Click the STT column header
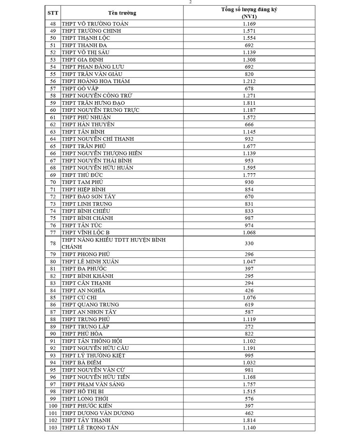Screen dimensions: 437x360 (53, 13)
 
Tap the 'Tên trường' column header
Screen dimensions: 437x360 (122, 13)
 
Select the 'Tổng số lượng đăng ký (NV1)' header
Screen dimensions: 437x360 (249, 13)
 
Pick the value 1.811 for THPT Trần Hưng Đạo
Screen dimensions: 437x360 (249, 103)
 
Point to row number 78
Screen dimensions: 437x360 (53, 243)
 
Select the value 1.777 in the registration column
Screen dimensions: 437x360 (249, 175)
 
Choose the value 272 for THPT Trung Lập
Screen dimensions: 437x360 (249, 327)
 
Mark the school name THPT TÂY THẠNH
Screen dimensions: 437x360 (83, 420)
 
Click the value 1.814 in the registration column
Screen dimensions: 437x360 (249, 420)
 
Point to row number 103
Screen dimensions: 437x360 (53, 428)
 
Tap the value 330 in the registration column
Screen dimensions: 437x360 (249, 243)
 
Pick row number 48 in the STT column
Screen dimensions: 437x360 (53, 23)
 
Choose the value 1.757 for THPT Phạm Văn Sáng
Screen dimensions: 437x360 (249, 384)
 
